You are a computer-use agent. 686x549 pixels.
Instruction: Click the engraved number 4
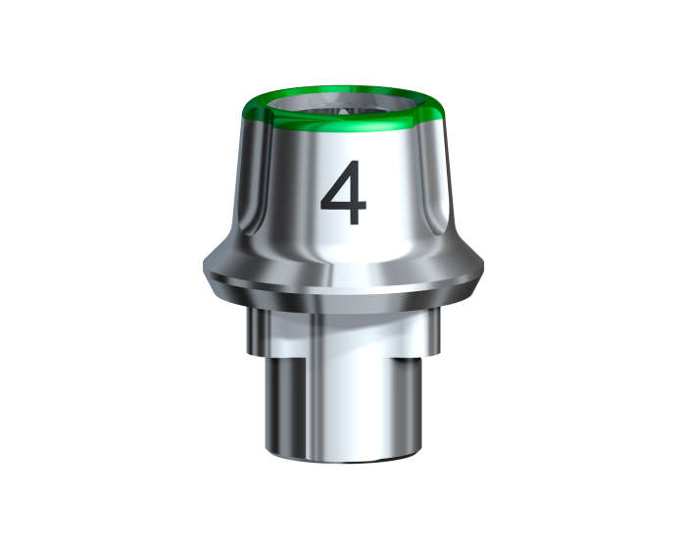(x=344, y=192)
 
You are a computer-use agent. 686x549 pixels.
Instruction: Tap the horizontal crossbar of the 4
(x=344, y=207)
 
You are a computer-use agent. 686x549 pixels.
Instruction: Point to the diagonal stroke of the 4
(x=336, y=183)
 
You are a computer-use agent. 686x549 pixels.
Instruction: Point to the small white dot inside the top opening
(x=343, y=112)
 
